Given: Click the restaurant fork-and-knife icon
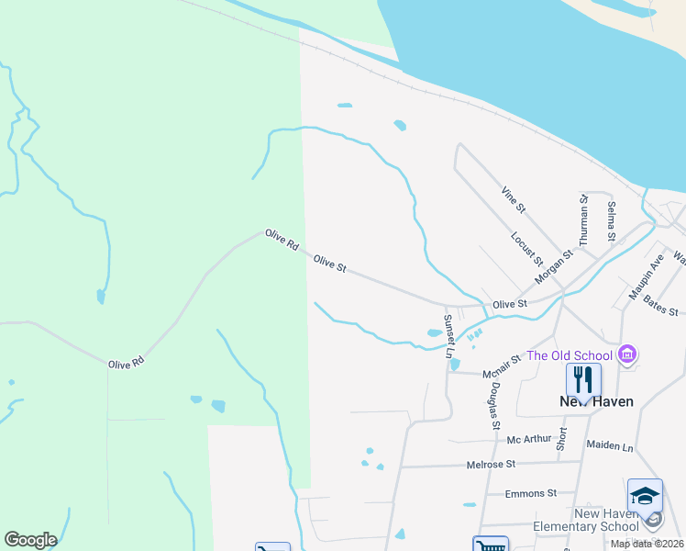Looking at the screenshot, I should (583, 378).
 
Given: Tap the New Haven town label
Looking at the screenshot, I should (596, 401).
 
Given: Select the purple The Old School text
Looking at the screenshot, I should (569, 355).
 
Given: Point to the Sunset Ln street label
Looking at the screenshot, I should (448, 335).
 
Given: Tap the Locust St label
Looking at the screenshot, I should (526, 247).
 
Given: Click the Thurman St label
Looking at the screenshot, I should (582, 217).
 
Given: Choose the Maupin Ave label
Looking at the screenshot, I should (646, 277).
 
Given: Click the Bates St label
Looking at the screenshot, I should (659, 306).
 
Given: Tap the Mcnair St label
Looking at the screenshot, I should (503, 365).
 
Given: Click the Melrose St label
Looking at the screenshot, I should (492, 465).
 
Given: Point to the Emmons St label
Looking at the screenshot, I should (531, 493).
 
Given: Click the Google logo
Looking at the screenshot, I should (30, 540).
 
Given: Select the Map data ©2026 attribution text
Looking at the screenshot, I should (646, 544).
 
